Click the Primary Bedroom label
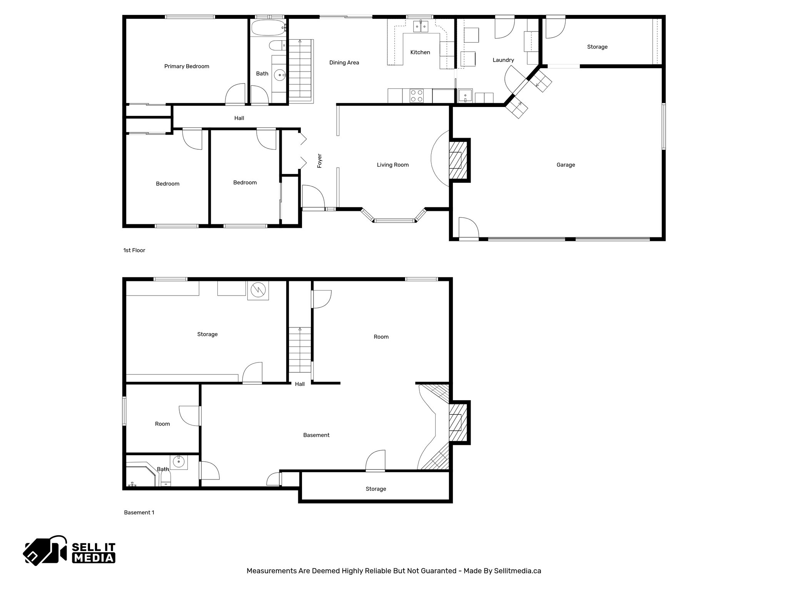187,67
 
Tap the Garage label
566,165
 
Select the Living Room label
392,165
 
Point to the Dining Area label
344,63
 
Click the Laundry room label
503,60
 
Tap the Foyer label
319,161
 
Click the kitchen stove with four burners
416,95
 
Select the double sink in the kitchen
421,26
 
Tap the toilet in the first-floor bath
277,46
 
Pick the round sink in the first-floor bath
280,75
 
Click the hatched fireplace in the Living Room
458,160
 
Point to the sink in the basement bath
179,461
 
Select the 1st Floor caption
134,250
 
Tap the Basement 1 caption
139,513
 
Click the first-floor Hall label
239,118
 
